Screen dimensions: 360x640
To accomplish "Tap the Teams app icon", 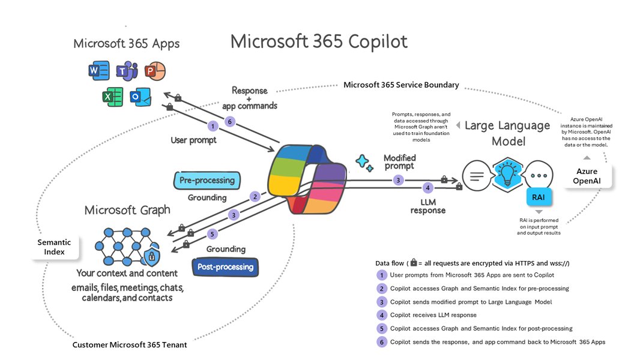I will (x=127, y=71).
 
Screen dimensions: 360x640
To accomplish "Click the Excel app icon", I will (x=112, y=97).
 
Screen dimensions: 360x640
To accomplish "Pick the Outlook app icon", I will (x=140, y=97).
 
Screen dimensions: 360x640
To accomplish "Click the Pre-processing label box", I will (x=207, y=179).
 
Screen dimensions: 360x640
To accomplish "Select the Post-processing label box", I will (x=225, y=267).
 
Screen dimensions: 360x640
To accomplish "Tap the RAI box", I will (x=539, y=196).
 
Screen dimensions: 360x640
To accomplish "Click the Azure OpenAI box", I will (x=586, y=176).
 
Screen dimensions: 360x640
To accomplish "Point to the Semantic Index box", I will (x=55, y=247).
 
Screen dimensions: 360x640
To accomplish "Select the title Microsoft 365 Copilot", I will (x=319, y=41).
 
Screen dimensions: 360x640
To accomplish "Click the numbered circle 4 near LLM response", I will (x=427, y=187).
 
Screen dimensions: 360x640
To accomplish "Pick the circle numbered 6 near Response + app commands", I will (x=228, y=121).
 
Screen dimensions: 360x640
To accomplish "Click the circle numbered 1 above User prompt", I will (x=211, y=126).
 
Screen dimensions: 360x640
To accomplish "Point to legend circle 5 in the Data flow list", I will (x=381, y=328).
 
